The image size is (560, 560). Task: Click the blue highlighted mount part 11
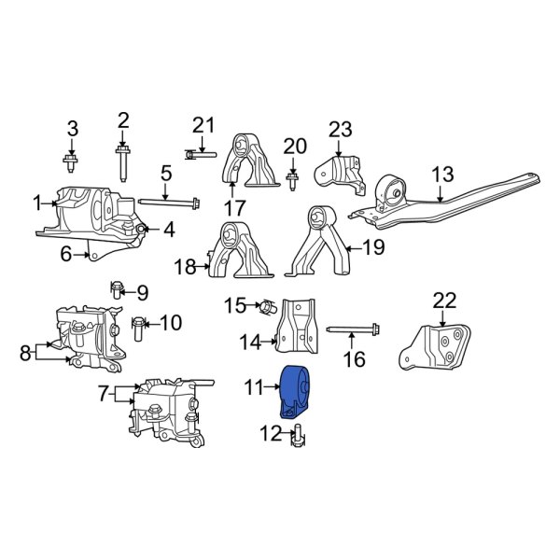pos(296,391)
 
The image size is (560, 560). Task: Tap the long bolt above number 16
pos(355,329)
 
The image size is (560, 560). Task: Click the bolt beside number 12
pos(298,435)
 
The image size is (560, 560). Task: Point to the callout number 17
pos(234,208)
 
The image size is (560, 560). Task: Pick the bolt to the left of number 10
pos(138,326)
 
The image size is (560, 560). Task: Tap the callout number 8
pos(23,352)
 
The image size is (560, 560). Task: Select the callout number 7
pos(104,395)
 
